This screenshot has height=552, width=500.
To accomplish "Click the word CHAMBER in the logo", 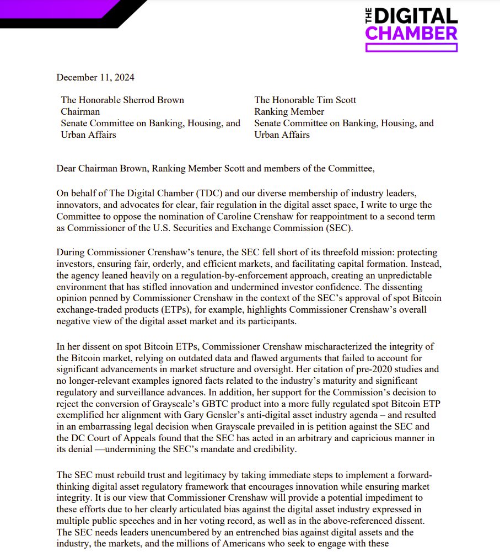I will [x=411, y=33].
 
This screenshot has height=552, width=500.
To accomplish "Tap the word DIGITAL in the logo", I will [x=417, y=15].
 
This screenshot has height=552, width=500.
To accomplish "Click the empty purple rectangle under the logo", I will [x=411, y=48].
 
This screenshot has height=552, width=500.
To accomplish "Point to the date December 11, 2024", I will [x=95, y=77].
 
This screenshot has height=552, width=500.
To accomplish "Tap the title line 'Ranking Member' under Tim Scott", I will [x=289, y=112].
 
